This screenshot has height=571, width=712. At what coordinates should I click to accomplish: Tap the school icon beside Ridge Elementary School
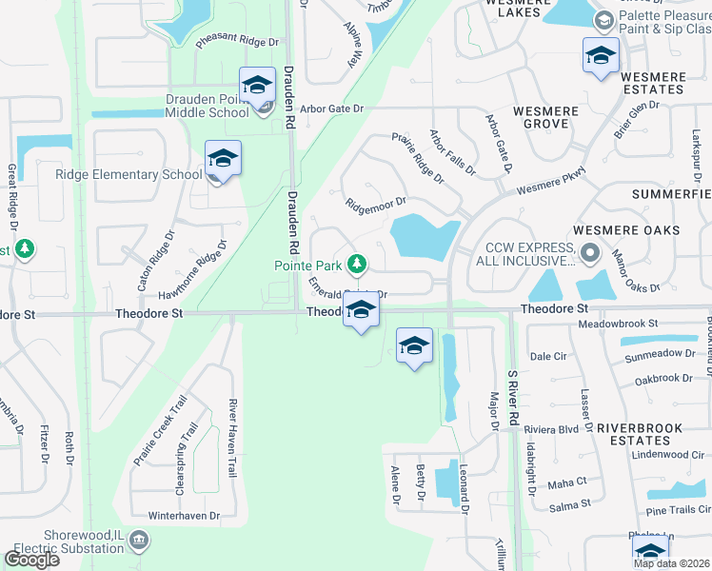click(x=223, y=158)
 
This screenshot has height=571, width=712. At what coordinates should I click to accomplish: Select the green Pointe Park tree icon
click(x=357, y=262)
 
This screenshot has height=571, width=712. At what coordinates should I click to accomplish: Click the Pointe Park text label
click(x=308, y=266)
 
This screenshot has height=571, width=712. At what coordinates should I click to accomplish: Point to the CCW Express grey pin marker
click(x=589, y=253)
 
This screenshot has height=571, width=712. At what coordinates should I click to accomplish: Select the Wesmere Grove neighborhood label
click(x=545, y=118)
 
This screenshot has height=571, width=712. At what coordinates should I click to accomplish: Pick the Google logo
click(x=32, y=560)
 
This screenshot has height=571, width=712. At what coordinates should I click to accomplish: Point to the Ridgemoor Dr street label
click(x=376, y=203)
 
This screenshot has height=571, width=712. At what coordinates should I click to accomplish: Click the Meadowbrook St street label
click(x=619, y=324)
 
